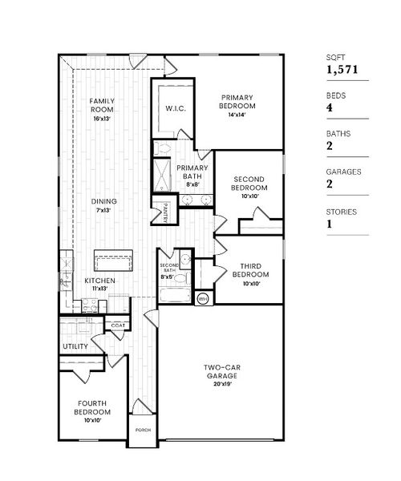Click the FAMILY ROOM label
(x=102, y=105)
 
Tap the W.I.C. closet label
(x=176, y=107)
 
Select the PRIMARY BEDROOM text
(x=238, y=101)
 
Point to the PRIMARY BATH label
(x=192, y=172)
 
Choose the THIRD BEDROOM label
(x=250, y=269)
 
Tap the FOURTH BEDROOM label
(x=93, y=407)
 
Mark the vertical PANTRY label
(x=164, y=211)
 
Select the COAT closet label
(x=117, y=325)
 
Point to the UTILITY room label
(x=75, y=346)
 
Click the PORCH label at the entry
(x=143, y=430)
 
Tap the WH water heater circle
(x=202, y=298)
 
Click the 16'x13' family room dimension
(x=102, y=118)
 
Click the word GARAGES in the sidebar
(x=343, y=172)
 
